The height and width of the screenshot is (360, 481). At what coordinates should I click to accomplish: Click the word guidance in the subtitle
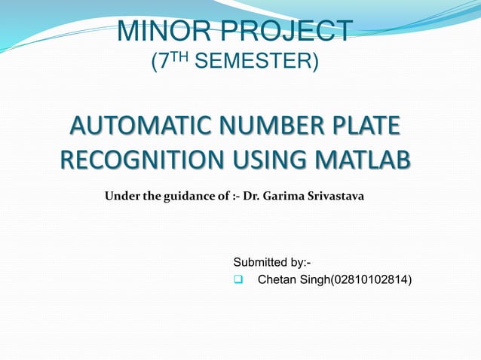(x=192, y=197)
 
